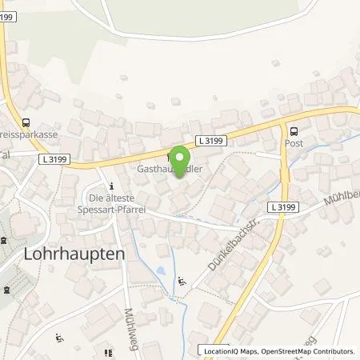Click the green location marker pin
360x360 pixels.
(180, 158)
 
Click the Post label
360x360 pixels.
(294, 144)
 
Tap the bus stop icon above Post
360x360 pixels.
(294, 132)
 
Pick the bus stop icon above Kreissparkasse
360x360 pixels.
(27, 123)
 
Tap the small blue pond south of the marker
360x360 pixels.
(164, 273)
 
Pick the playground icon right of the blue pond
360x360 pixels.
(182, 281)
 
